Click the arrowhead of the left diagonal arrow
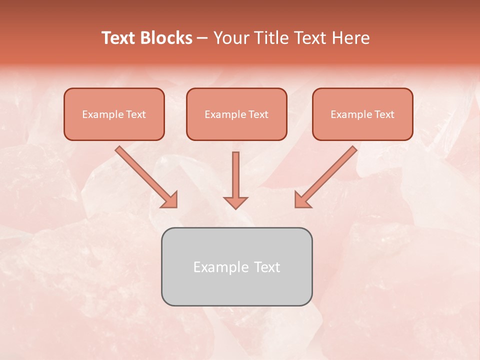tap(170, 200)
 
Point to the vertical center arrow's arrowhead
tap(235, 202)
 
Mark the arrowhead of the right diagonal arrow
tap(302, 200)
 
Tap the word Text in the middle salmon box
tap(258, 114)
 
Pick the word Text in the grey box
tap(267, 267)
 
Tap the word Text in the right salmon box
tap(384, 114)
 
